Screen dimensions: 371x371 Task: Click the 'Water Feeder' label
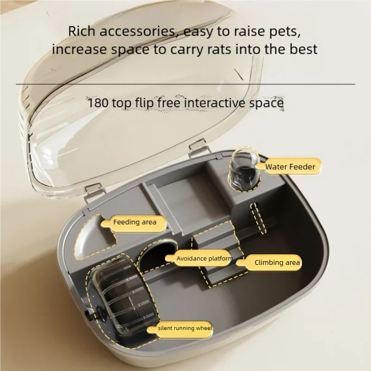(x=290, y=167)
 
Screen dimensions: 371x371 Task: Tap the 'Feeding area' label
(x=134, y=222)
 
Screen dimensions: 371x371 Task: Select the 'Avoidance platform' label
(x=204, y=259)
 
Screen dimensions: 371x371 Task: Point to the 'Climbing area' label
(x=277, y=262)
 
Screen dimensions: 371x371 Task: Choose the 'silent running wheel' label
(x=185, y=328)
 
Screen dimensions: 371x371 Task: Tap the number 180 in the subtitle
(x=98, y=102)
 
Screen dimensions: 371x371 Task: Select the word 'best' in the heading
(x=302, y=49)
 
